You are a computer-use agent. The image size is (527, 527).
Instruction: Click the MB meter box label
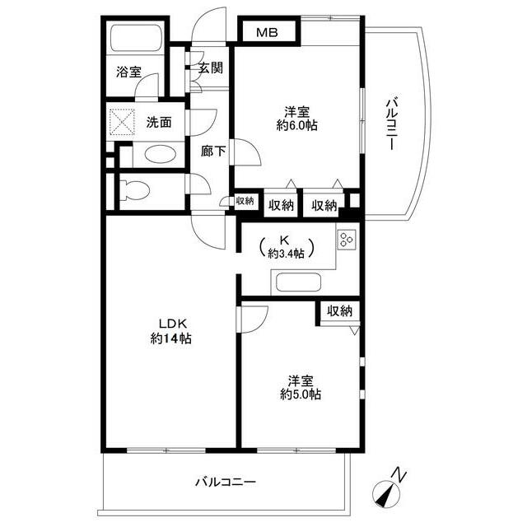pos(267,33)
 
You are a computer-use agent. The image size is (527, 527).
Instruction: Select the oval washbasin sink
pos(161,155)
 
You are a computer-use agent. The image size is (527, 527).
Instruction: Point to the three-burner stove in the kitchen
pos(346,240)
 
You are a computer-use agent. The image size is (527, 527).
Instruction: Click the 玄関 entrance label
pos(211,68)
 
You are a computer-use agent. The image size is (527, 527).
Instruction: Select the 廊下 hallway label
pos(212,152)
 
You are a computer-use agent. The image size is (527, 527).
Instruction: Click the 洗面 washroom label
pos(159,122)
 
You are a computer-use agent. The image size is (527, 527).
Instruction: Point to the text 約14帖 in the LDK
pos(171,338)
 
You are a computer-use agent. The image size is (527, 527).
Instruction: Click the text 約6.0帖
pos(296,126)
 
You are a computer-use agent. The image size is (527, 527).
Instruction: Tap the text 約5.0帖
pos(301,394)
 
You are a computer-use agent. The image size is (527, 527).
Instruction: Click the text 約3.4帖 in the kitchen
pos(286,254)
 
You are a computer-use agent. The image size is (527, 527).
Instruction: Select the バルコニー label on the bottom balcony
pos(226,483)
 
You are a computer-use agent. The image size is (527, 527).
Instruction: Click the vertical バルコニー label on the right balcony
pos(391,124)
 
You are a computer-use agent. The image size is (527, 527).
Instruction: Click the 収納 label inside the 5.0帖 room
pos(340,311)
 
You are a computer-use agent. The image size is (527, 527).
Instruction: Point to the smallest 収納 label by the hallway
pos(245,201)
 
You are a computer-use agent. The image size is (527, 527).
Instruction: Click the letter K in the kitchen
pos(284,240)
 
